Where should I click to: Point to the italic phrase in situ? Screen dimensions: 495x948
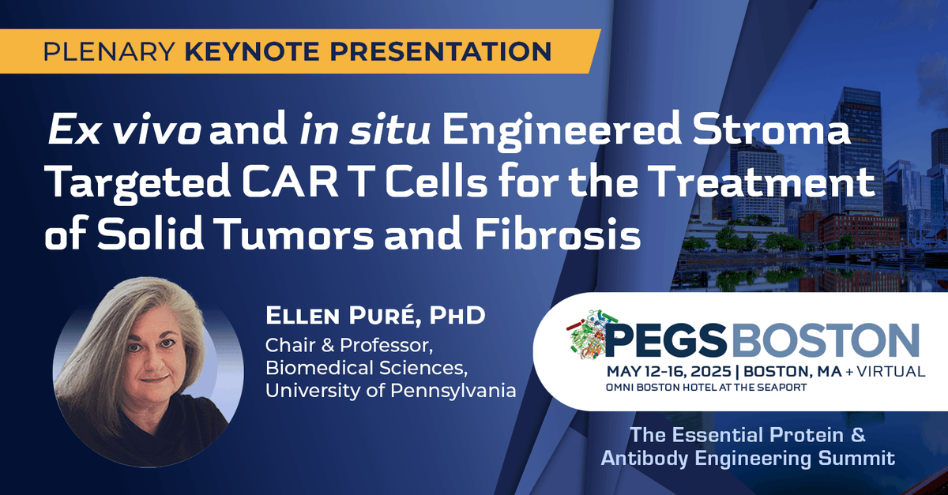pos(366,134)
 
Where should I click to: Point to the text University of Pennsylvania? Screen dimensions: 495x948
pos(390,389)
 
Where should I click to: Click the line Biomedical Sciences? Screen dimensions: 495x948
pos(355,367)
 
